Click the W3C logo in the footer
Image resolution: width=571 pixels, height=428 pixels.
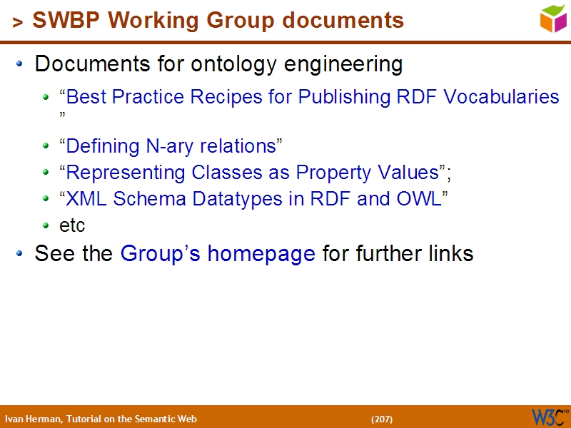coord(550,417)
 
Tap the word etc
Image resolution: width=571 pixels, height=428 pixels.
coord(72,225)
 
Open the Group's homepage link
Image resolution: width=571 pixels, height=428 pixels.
coord(218,253)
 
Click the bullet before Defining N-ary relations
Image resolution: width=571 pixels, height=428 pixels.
coord(46,146)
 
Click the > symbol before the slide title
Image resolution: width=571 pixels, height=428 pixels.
coord(17,24)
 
